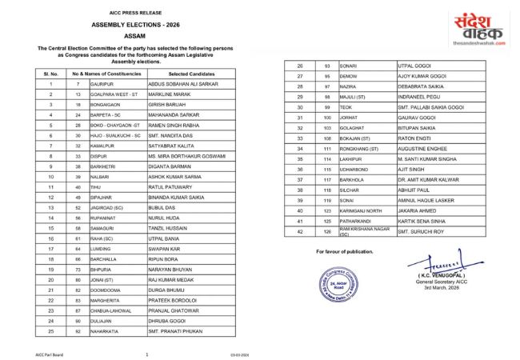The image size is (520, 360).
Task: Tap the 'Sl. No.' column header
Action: pos(50,73)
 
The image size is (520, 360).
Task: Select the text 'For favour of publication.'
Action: pos(322,252)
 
